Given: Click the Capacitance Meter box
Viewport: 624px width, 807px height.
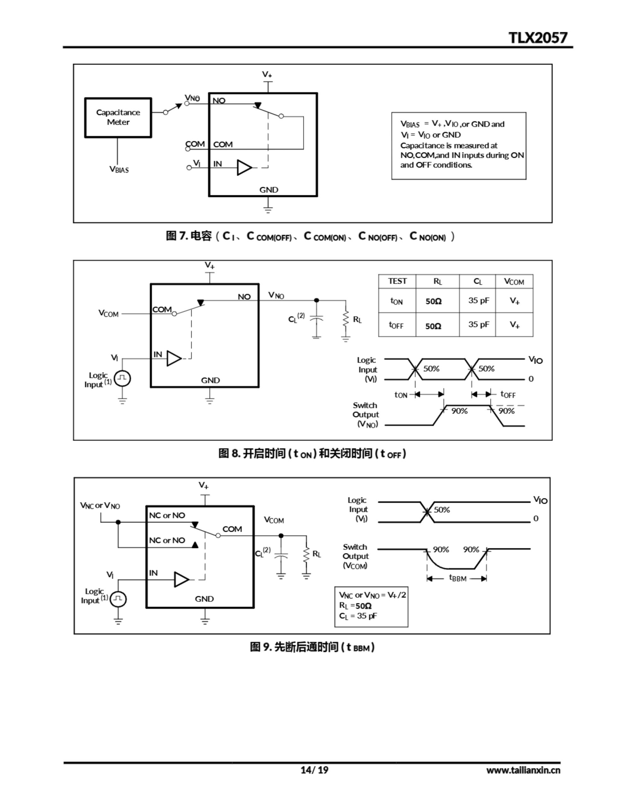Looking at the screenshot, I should click(x=118, y=118).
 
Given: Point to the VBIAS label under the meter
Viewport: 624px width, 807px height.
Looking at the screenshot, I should click(x=119, y=170).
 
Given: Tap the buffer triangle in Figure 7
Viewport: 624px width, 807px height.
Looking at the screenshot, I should click(x=244, y=167).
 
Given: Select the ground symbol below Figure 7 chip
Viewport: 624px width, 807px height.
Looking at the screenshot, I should click(x=268, y=210).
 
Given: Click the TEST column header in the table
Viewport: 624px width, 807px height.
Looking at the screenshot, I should click(x=397, y=281).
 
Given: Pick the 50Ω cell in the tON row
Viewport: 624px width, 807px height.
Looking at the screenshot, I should click(x=433, y=301).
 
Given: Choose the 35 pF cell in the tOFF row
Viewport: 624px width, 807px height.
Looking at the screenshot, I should click(x=479, y=324).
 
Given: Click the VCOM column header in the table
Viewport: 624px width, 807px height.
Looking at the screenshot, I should click(x=514, y=282).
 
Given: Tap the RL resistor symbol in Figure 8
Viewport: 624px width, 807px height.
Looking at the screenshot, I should click(x=346, y=318).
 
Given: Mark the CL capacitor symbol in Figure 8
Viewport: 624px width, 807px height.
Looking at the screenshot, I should click(x=316, y=318).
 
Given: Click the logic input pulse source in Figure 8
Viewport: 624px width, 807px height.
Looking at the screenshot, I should click(x=122, y=378).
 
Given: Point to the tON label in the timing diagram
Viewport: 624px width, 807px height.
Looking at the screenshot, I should click(x=401, y=395).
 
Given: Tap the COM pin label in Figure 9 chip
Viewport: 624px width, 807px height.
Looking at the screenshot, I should click(x=232, y=529).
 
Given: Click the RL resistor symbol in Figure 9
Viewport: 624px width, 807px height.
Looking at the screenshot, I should click(x=306, y=554).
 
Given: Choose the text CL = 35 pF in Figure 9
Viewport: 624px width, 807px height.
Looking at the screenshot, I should click(x=358, y=616).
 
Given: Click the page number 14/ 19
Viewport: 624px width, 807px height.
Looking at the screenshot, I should click(x=314, y=770).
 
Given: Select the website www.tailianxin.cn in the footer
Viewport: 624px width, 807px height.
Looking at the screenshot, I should click(x=523, y=770).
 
